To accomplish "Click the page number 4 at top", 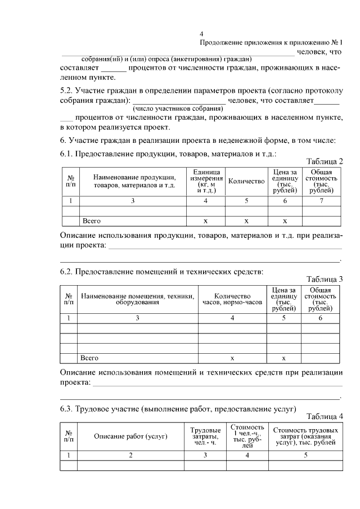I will tap(209, 34).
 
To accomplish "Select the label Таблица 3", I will tap(325, 279).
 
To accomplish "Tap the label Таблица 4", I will tap(325, 416).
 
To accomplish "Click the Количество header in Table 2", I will tap(246, 181).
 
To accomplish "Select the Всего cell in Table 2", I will tap(92, 221).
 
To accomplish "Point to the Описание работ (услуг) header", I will tap(130, 436).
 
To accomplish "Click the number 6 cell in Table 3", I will tap(320, 318).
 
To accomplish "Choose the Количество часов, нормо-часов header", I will tap(232, 299).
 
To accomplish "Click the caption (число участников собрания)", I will tap(178, 109).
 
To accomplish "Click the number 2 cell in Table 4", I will tap(130, 455).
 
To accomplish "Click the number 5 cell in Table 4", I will tap(305, 455).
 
